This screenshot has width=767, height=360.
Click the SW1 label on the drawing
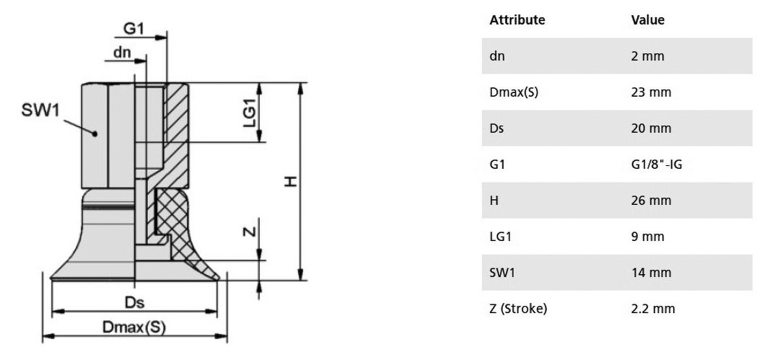point(40,110)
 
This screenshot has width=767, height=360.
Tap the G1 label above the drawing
point(133,29)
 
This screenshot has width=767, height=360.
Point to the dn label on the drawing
point(122,53)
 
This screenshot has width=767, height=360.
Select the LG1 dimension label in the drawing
point(250,113)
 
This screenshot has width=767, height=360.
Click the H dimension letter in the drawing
point(291,182)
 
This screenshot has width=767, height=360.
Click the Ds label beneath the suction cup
point(134,303)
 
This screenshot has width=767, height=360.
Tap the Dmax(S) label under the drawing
point(134,328)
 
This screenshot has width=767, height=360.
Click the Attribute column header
point(517,20)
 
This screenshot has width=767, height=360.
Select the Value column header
point(648,20)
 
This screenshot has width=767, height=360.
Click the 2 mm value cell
point(648,56)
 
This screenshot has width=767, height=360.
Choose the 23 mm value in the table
point(651,92)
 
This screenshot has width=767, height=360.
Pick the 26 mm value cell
point(651,201)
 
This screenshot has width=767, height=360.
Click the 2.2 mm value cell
point(653,309)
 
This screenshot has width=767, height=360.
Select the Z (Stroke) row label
point(518,309)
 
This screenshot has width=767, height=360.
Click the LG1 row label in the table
point(501,237)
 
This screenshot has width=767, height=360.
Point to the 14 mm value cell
point(651,273)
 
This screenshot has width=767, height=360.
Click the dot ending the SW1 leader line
point(95,133)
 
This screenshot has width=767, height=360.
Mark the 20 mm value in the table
point(651,128)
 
